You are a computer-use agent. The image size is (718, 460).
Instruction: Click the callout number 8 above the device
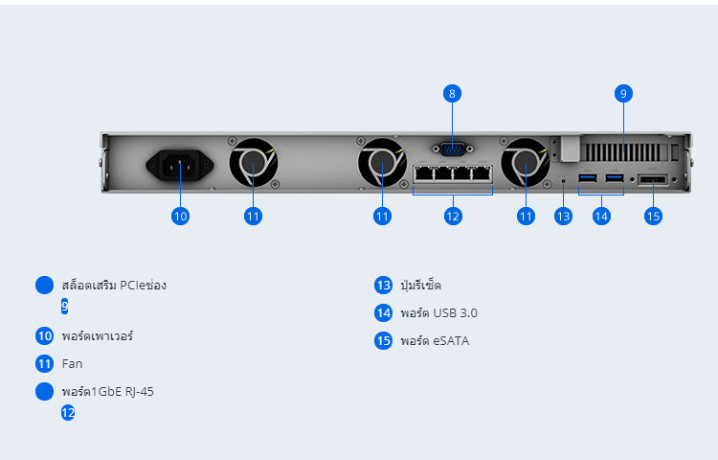452,94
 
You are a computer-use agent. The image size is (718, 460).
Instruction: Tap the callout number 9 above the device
623,94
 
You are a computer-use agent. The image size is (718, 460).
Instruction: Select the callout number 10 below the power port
180,216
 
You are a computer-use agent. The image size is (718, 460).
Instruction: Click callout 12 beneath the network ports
453,216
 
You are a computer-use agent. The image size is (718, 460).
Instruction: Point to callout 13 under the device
563,216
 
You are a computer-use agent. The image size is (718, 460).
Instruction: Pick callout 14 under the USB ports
601,216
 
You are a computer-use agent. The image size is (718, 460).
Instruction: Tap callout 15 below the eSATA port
653,216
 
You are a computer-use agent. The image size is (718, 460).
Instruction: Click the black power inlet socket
180,165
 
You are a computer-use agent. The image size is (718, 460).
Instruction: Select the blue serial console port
453,149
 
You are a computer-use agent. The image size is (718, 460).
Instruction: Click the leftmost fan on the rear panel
254,162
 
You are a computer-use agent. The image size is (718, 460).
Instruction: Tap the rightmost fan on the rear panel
526,162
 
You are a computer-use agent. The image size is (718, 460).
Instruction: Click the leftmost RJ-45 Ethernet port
424,173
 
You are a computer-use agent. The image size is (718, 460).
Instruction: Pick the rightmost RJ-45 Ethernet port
482,173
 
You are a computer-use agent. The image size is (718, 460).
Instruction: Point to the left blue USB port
588,177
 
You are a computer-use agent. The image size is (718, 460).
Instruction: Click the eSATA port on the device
653,179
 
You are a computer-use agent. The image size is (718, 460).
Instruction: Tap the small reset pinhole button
563,181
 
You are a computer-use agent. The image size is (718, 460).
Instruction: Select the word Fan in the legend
73,364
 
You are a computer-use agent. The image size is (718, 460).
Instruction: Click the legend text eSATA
451,341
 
